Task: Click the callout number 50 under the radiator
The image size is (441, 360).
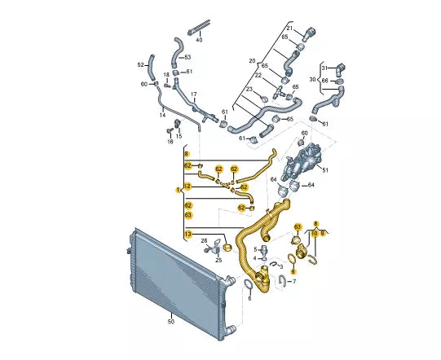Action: pos(170,321)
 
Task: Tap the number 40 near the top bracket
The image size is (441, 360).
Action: pos(199,40)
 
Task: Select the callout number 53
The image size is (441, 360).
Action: pos(187,57)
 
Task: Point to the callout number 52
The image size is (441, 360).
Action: pos(141,65)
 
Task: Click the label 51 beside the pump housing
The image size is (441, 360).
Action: pos(325,170)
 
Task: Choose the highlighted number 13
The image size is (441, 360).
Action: pos(187,234)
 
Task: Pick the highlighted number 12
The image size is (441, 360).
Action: pos(187,186)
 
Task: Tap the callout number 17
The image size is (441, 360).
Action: pos(194,94)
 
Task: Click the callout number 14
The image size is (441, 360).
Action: pos(162,115)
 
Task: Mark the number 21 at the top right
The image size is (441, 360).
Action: pos(289,29)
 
